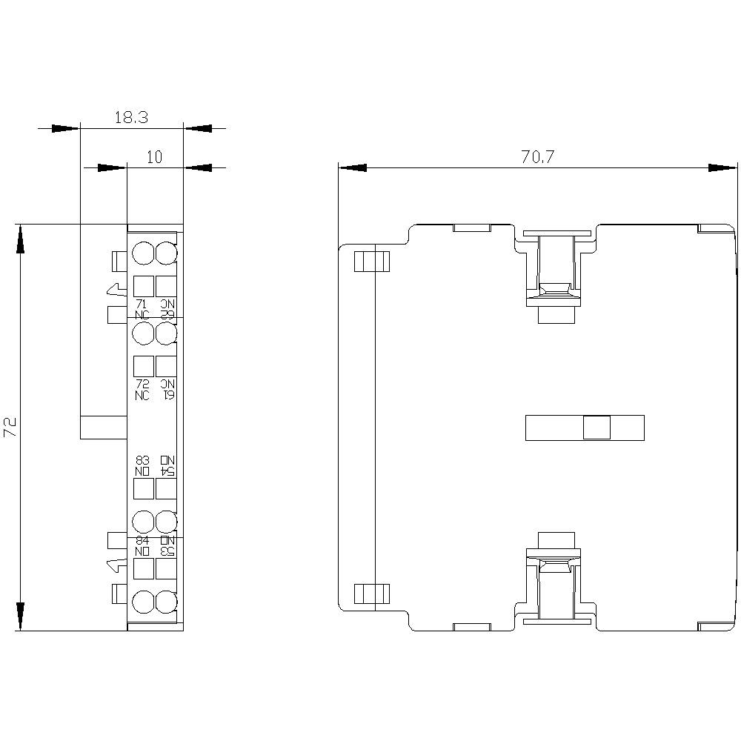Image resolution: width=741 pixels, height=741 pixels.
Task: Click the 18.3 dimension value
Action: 131,117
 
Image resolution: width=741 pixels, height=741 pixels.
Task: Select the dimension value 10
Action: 154,156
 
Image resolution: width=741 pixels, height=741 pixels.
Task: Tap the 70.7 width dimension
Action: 538,156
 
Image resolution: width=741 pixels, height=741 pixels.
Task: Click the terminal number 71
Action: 142,304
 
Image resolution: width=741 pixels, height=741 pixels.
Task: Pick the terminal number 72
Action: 142,383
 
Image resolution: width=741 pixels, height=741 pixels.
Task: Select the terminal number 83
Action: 142,460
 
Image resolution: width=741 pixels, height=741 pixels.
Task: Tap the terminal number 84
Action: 142,539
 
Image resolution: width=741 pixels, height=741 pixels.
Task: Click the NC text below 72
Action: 142,395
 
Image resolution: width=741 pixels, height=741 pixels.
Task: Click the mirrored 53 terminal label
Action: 167,551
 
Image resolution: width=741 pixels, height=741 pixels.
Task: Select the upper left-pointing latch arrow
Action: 115,290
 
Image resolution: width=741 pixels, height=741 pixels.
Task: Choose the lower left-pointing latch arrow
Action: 115,566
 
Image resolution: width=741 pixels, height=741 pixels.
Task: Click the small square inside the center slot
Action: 597,428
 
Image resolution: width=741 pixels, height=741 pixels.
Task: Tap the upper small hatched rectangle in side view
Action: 372,262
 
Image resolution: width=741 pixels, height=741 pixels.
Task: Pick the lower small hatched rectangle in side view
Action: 372,594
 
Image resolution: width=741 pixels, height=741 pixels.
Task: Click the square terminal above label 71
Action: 142,286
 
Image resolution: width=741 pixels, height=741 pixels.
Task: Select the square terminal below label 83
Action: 142,488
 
